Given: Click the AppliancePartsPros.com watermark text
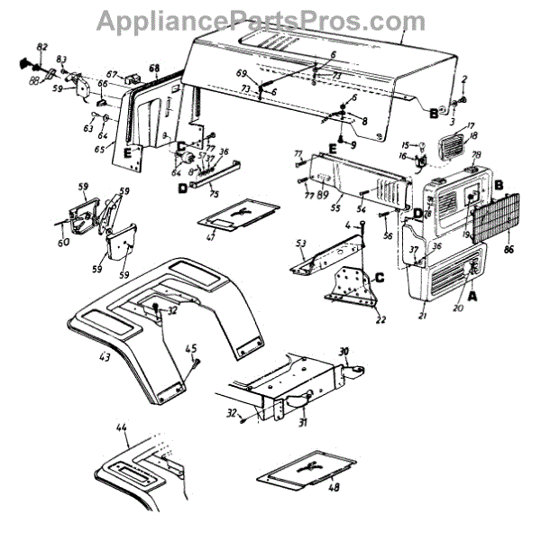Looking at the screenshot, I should (261, 20).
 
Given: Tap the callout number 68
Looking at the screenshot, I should (154, 69).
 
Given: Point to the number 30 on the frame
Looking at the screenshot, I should (344, 351).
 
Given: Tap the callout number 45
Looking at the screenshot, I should (190, 349).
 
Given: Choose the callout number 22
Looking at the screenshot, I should (381, 317).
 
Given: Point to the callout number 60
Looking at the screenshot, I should (62, 243).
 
